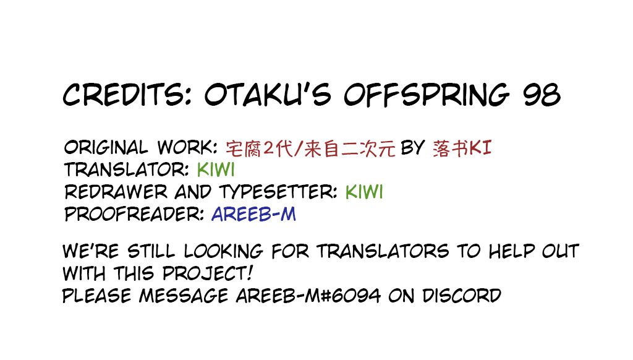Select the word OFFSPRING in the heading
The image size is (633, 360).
point(427,95)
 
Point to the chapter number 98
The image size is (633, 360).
point(542,95)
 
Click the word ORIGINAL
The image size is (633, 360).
point(106,147)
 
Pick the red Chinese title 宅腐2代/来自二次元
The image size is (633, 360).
point(310,148)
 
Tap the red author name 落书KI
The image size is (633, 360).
point(462,148)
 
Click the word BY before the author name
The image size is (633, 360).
point(412,147)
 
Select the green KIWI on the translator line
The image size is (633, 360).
point(216,169)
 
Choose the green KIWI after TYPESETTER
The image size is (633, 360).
point(364,192)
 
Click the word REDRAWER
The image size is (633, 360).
point(116,192)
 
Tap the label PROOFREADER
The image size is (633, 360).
point(134,214)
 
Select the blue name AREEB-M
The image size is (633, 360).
point(253,214)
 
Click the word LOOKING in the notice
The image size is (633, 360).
point(223,251)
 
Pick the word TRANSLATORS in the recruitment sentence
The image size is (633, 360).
point(383,251)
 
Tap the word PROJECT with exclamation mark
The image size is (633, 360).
point(208,273)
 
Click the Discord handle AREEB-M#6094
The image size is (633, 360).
point(308,296)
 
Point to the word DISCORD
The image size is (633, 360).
point(461,296)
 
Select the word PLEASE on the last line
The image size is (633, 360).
point(97,296)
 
